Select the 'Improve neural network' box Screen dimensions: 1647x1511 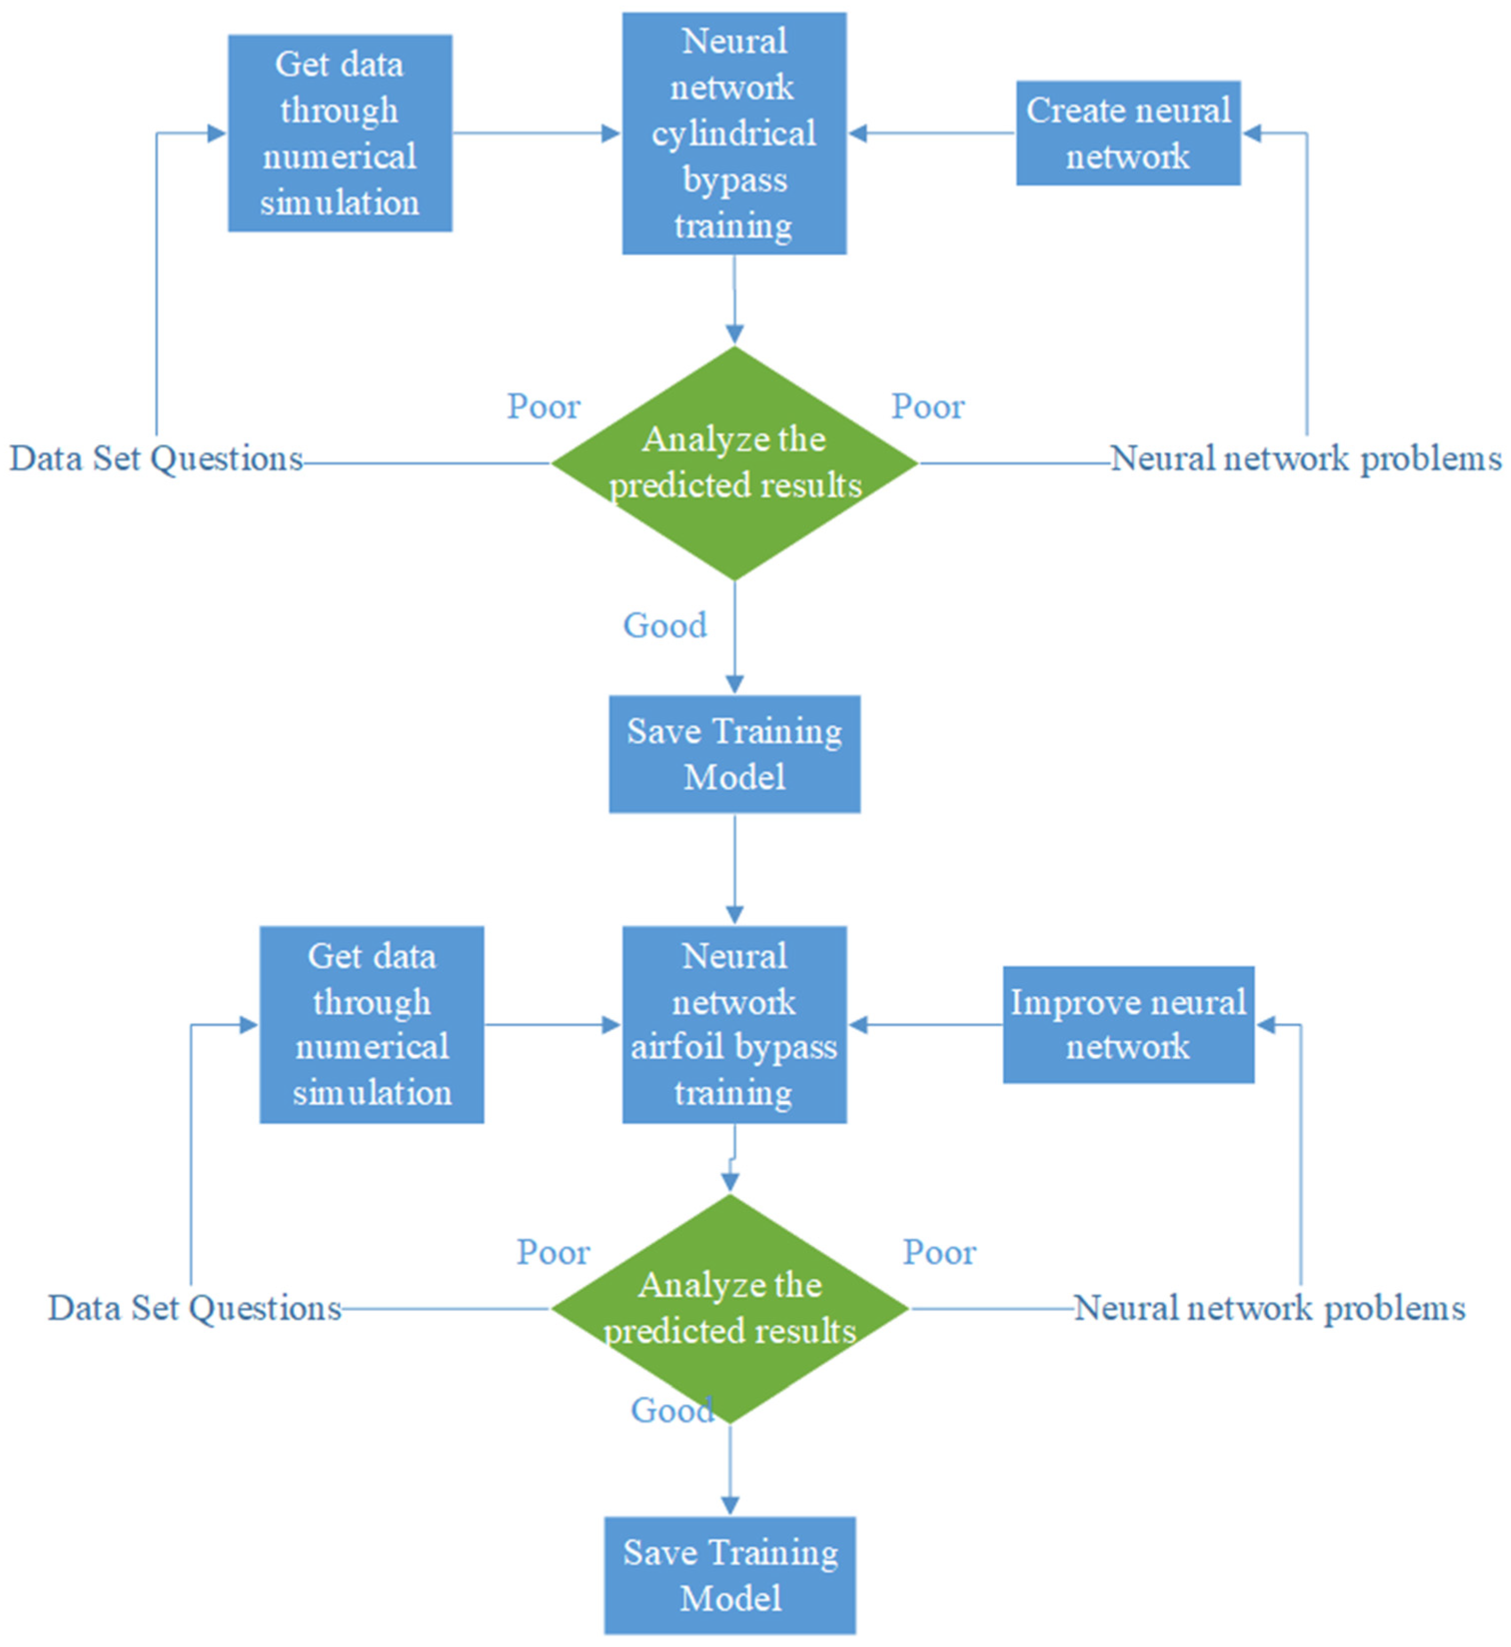tap(1128, 1025)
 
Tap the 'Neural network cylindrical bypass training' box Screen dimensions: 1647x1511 tap(734, 133)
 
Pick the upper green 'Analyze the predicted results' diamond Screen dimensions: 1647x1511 tap(734, 463)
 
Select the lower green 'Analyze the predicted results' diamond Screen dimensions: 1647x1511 tap(730, 1308)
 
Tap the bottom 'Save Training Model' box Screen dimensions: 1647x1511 tap(730, 1575)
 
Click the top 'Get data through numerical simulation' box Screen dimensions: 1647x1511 tap(339, 133)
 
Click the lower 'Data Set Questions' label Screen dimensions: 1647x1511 tap(194, 1308)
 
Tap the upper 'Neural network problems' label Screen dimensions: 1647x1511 tap(1305, 459)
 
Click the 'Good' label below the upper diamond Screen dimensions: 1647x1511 tap(665, 626)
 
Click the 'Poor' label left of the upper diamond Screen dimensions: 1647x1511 tap(543, 406)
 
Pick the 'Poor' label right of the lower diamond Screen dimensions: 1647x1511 tap(939, 1252)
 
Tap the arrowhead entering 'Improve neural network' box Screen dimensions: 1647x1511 tap(1266, 1025)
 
